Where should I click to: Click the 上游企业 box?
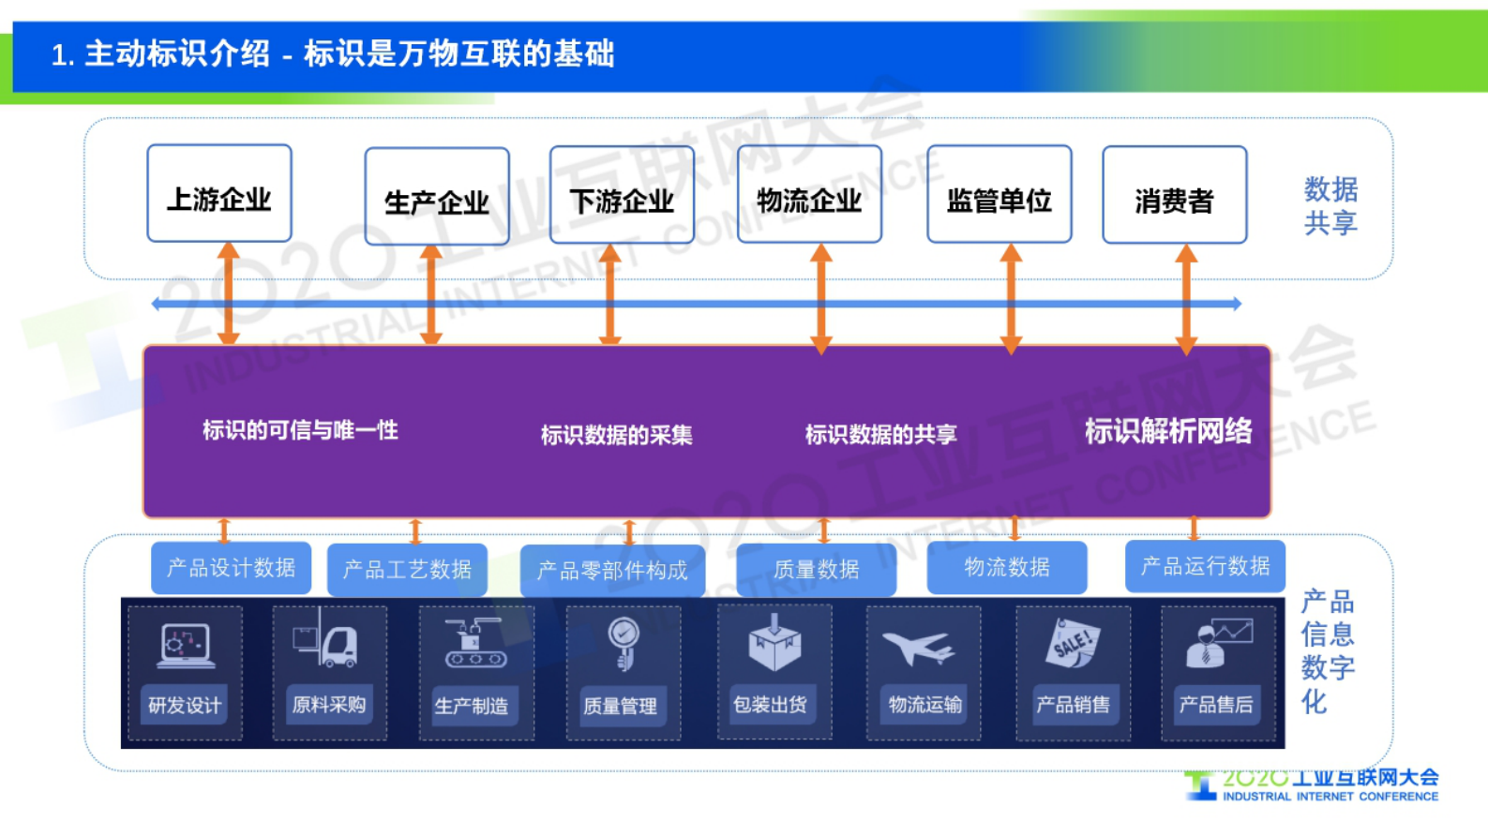point(219,194)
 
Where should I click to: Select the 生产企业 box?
point(437,197)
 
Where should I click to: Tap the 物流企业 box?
point(809,195)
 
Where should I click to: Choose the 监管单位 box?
point(999,195)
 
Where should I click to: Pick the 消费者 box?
point(1174,196)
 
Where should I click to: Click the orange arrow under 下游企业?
point(610,294)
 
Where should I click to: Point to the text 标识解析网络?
point(1167,431)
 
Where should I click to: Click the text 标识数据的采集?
point(616,435)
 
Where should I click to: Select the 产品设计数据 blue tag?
point(231,568)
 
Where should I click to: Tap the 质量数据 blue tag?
point(816,570)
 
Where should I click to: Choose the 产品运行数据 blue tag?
point(1205,566)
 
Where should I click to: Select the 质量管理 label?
point(620,706)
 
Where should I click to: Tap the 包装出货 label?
point(770,705)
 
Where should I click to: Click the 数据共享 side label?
point(1330,206)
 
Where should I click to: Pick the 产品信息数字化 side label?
point(1327,651)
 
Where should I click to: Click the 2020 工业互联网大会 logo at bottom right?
point(1313,785)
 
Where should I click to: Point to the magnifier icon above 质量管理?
point(623,641)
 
